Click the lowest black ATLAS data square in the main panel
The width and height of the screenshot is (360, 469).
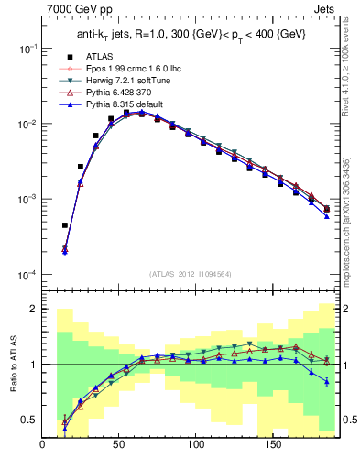[x=65, y=224]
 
